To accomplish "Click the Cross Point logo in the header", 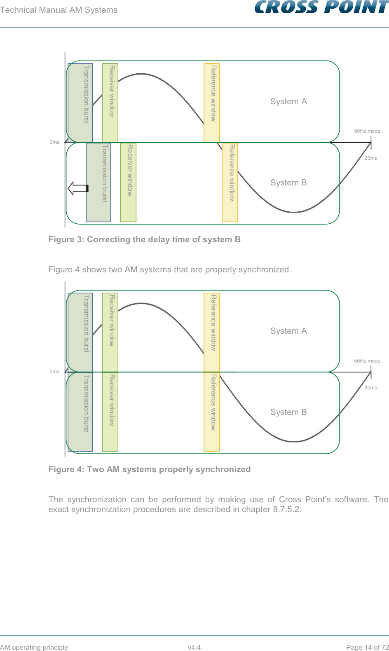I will pos(321,7).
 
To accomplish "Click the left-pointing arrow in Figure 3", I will pos(78,188).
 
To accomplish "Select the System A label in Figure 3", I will pos(288,101).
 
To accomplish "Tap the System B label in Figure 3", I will pos(288,183).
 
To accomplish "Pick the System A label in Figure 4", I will pos(288,331).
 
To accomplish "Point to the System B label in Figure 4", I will pos(288,412).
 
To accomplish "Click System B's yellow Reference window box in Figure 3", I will pos(230,183).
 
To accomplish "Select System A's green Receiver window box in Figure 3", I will pos(110,103).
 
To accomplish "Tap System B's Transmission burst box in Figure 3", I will pos(98,183).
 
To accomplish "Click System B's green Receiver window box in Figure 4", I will pos(110,412).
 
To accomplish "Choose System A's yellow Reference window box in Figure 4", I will pos(212,332).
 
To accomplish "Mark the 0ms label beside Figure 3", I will pos(54,142).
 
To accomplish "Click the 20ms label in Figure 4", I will pos(370,388).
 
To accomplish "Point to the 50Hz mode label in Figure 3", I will pos(367,131).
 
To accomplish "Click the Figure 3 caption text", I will pos(144,239).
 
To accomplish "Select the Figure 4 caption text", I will pos(149,469).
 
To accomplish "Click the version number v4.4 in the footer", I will pos(194,647).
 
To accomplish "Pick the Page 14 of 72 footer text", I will pos(367,647).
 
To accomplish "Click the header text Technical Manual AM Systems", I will pos(59,10).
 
